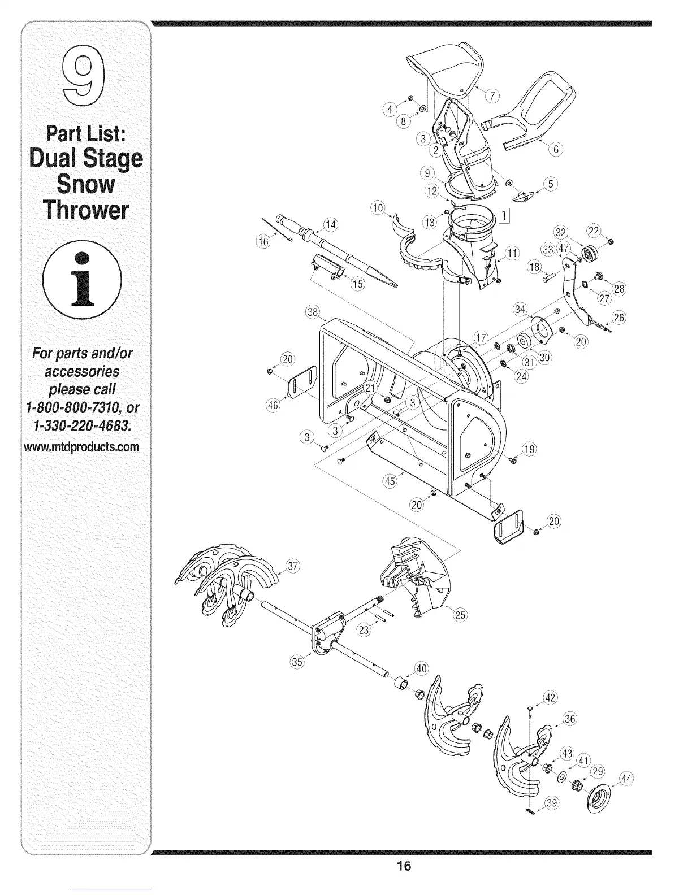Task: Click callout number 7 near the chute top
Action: [x=492, y=96]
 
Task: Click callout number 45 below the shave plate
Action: [x=390, y=481]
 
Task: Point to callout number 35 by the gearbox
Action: [x=297, y=661]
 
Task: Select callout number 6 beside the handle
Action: [x=556, y=149]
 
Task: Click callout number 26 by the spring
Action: [x=619, y=317]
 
